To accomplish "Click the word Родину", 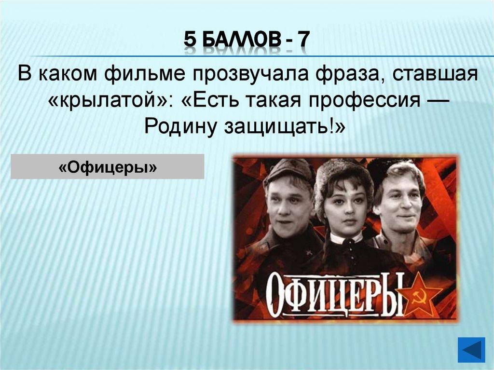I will coord(179,127).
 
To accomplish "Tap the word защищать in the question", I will coord(280,127).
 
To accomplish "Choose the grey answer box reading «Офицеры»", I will coord(108,167).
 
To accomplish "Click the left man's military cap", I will coord(289,170).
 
